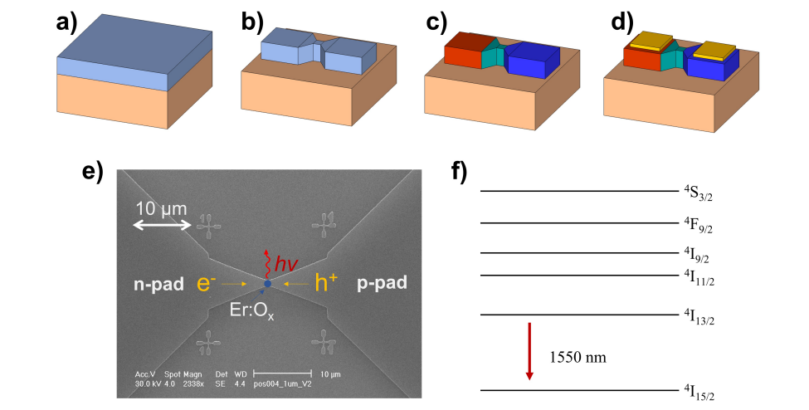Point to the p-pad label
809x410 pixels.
382,283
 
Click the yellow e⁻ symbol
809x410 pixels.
208,283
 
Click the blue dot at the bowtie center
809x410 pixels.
267,285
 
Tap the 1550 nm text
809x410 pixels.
578,358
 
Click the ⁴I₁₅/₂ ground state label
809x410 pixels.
700,391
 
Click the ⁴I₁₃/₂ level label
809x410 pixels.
700,320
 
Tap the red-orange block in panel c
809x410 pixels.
462,53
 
